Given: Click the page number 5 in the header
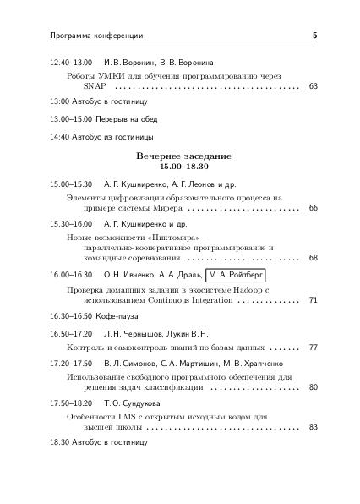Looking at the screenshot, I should tap(314, 36).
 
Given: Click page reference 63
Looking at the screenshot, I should tap(313, 86).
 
